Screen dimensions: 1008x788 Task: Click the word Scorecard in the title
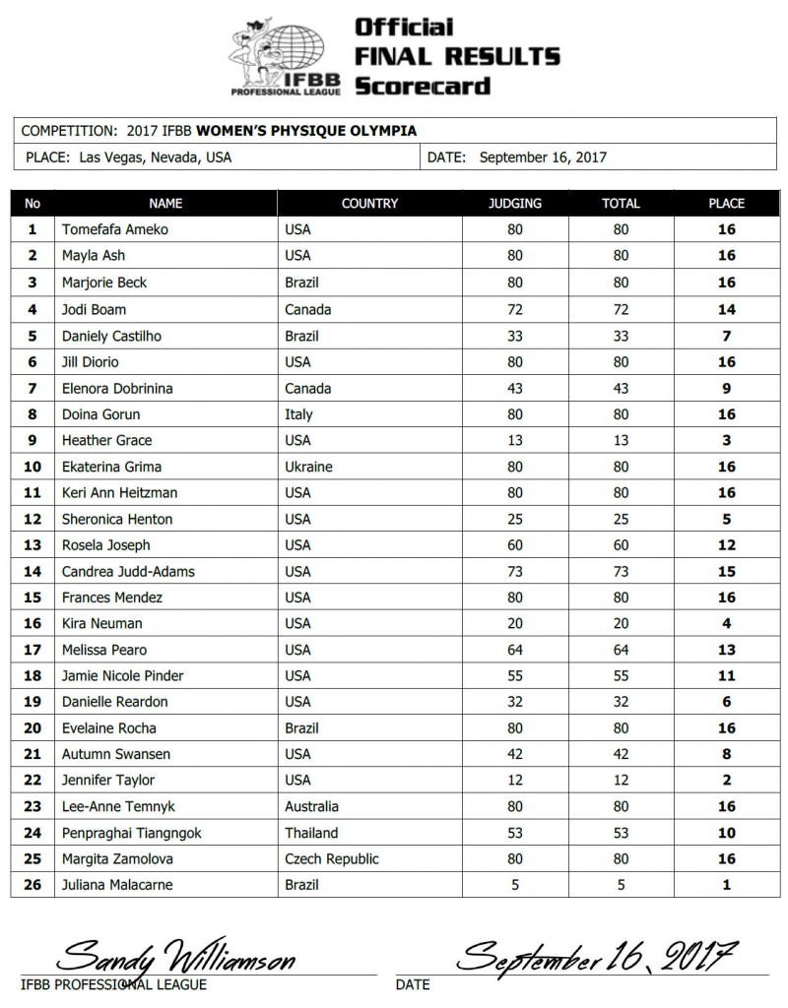pyautogui.click(x=422, y=86)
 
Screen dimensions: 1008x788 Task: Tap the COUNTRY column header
pyautogui.click(x=369, y=204)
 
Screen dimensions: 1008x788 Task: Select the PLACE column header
pyautogui.click(x=727, y=204)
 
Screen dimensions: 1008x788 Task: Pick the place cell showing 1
pyautogui.click(x=727, y=885)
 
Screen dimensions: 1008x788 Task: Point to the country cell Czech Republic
pyautogui.click(x=331, y=858)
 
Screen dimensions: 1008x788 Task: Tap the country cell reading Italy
pyautogui.click(x=298, y=414)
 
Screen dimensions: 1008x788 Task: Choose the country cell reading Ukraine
pyautogui.click(x=308, y=467)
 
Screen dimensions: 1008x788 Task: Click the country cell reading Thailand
pyautogui.click(x=311, y=833)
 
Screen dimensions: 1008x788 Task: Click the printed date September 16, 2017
pyautogui.click(x=543, y=157)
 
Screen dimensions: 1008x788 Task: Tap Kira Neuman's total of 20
pyautogui.click(x=622, y=623)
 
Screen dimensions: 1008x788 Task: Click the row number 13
pyautogui.click(x=33, y=545)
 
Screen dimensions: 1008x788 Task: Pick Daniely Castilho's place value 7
pyautogui.click(x=727, y=336)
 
